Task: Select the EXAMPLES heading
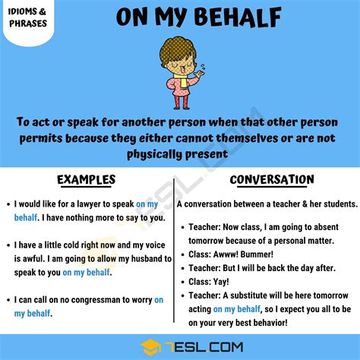pyautogui.click(x=86, y=180)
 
